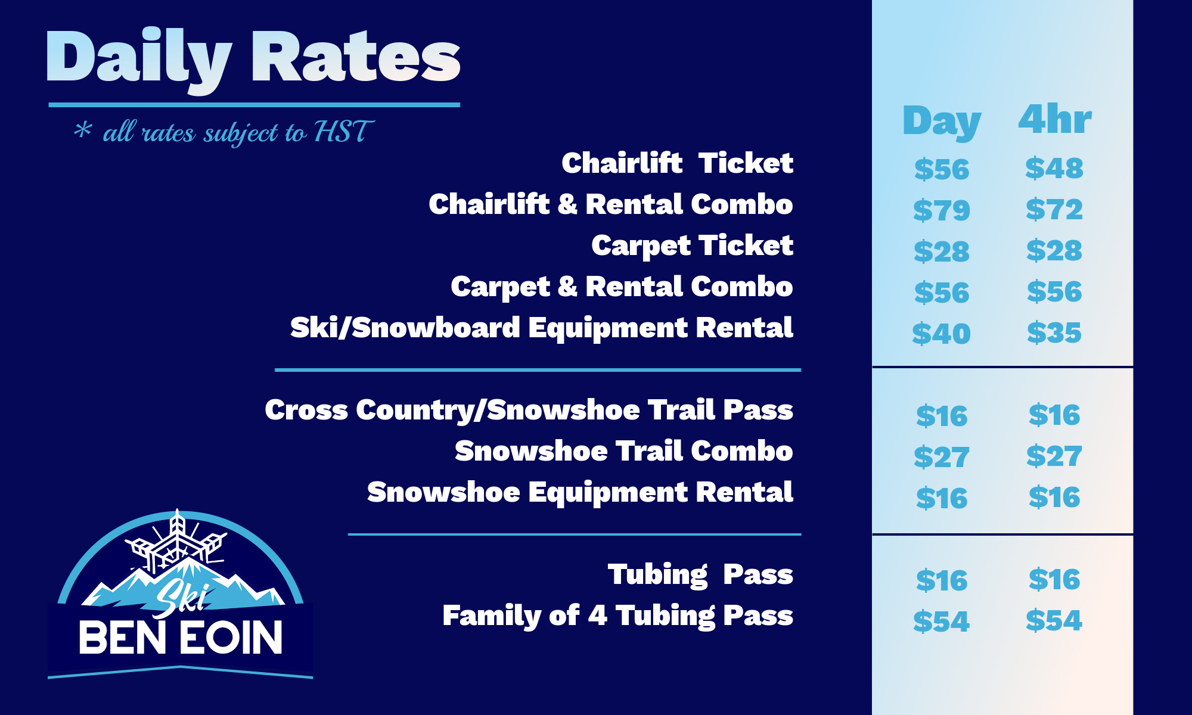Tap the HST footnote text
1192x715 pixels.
click(223, 132)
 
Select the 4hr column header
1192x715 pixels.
click(1054, 119)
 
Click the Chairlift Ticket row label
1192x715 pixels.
click(677, 163)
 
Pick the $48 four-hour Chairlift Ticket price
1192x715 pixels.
click(1054, 168)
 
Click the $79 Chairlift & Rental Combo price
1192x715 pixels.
click(942, 210)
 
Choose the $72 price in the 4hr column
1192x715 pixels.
click(1054, 209)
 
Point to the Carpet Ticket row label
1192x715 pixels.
click(692, 245)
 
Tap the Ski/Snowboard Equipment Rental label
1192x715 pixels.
click(542, 328)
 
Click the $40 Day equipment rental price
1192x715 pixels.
click(942, 333)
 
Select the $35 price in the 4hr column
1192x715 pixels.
click(1054, 332)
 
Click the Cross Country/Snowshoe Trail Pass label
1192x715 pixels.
click(529, 410)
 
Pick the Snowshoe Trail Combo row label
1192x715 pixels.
click(624, 450)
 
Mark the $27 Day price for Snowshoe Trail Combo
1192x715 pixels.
click(942, 457)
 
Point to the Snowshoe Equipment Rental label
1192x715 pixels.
click(580, 492)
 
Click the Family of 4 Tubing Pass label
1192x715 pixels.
click(617, 615)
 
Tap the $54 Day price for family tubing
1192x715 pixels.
click(942, 621)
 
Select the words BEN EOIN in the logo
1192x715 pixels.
click(181, 638)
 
